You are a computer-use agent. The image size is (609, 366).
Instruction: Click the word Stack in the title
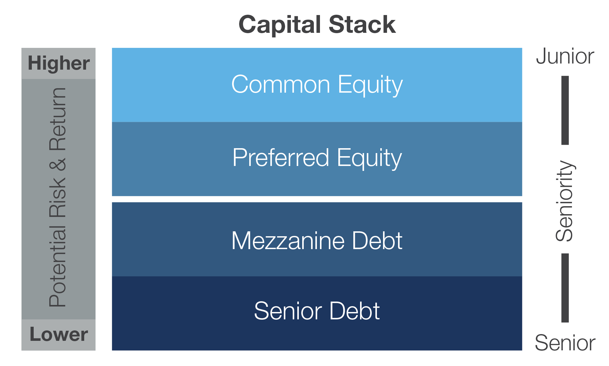pos(363,25)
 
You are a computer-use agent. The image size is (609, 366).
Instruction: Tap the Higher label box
pos(58,64)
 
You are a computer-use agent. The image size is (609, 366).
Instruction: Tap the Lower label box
pos(58,335)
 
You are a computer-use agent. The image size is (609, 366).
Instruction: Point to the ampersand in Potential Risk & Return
pos(58,164)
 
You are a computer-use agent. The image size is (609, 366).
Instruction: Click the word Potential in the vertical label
pos(58,266)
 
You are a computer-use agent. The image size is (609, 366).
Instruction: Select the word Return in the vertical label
pos(58,119)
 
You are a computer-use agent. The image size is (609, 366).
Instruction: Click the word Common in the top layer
pos(281,84)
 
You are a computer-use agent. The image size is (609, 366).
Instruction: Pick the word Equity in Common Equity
pos(370,85)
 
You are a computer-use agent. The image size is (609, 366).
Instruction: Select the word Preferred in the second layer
pos(281,157)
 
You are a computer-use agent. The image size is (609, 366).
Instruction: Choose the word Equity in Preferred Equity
pos(369,158)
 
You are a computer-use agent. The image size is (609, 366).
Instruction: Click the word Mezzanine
pos(288,241)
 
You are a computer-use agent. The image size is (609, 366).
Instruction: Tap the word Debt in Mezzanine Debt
pos(377,241)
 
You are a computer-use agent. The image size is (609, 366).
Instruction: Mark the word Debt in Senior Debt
pos(355,310)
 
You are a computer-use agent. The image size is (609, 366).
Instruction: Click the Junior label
pos(565,56)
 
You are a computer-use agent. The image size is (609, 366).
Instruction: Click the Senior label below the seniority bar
pos(565,343)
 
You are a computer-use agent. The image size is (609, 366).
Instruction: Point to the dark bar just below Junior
pos(565,110)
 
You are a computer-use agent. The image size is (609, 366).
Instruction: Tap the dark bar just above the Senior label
pos(565,288)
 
